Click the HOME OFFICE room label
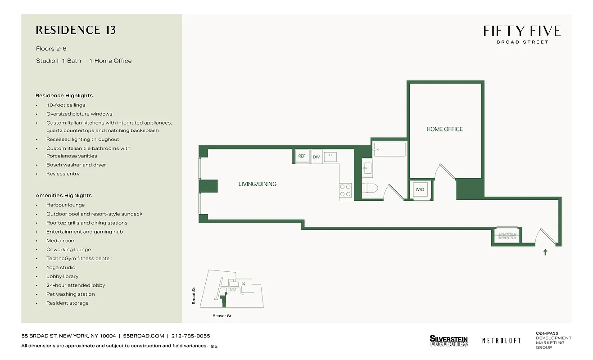click(444, 129)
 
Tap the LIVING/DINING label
click(257, 184)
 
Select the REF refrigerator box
click(302, 156)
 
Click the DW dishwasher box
click(316, 157)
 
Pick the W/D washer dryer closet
click(420, 189)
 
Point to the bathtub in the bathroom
click(389, 149)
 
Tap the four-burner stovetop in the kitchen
click(345, 190)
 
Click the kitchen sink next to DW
click(330, 156)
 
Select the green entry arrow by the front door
click(545, 252)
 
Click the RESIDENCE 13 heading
click(76, 30)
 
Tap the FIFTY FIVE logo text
click(522, 31)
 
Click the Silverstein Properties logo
click(448, 341)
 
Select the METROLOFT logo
click(501, 341)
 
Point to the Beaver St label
click(222, 316)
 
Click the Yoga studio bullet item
click(61, 267)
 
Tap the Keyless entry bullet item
click(63, 174)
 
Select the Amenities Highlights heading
click(63, 196)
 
